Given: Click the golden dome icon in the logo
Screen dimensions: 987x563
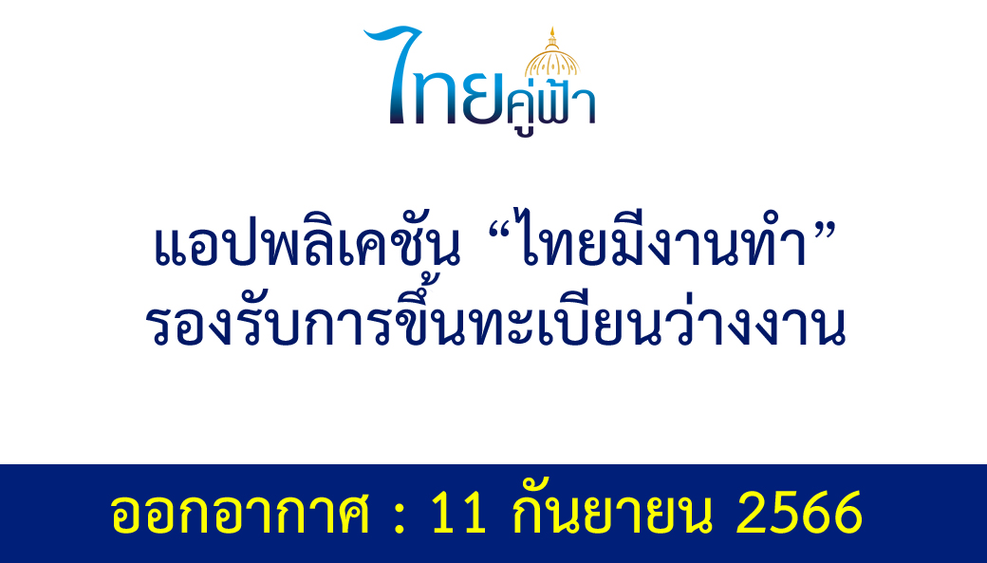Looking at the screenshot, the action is [552, 52].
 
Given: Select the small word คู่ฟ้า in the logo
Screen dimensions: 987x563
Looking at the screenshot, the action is [550, 106].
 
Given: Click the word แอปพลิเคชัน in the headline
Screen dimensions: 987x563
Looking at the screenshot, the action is [307, 242].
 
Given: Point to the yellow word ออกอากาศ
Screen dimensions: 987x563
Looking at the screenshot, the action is [240, 513].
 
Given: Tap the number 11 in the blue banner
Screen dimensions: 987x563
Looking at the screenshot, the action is [458, 512].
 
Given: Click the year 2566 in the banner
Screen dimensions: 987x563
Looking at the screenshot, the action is [799, 512].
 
